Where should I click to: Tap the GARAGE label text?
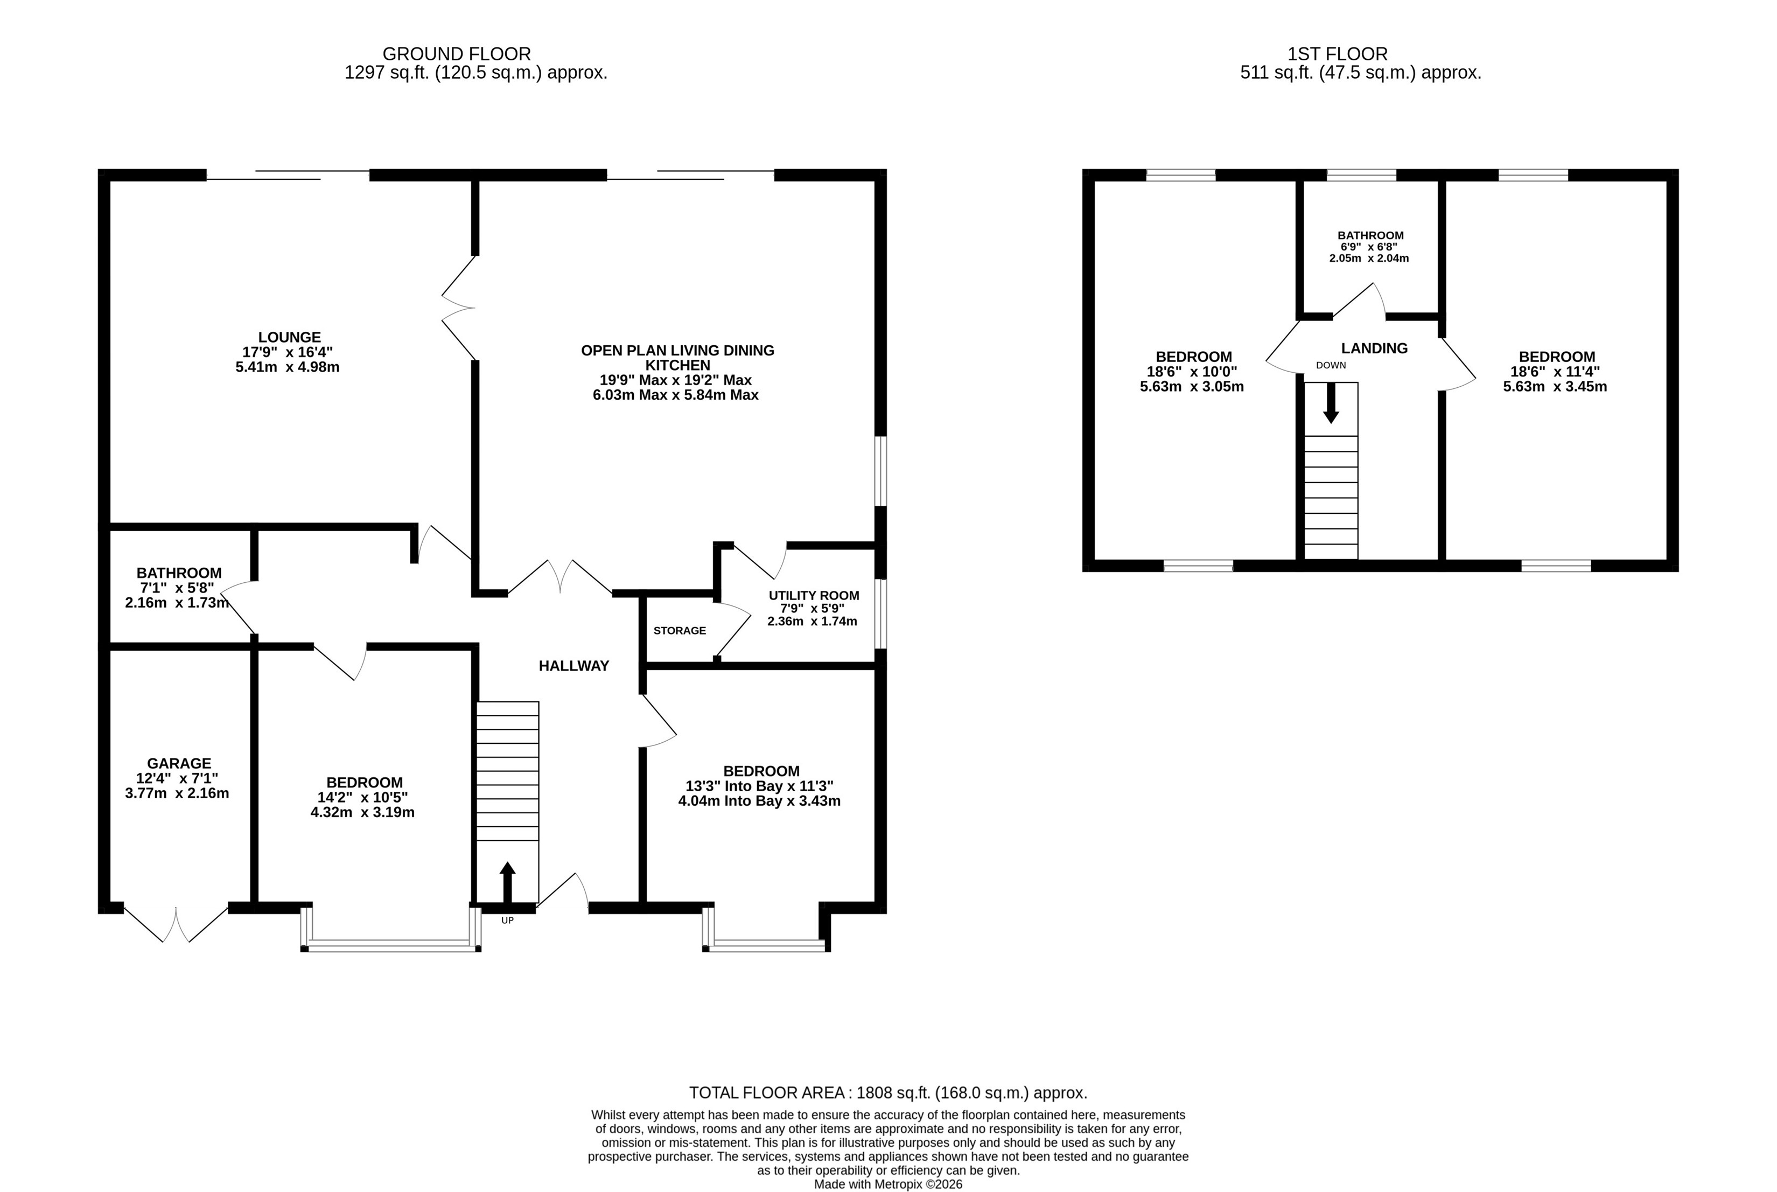[179, 763]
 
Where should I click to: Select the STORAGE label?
[680, 630]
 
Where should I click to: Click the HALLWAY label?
[574, 666]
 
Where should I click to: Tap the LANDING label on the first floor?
[1374, 348]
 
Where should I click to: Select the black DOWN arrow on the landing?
[1330, 403]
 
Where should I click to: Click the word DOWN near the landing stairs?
[1331, 365]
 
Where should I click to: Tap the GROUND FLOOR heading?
[456, 54]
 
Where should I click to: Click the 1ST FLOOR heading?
[1338, 54]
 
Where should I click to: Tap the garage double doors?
[176, 924]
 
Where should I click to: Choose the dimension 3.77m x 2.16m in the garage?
[177, 793]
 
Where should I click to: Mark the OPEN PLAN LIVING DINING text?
[677, 351]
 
